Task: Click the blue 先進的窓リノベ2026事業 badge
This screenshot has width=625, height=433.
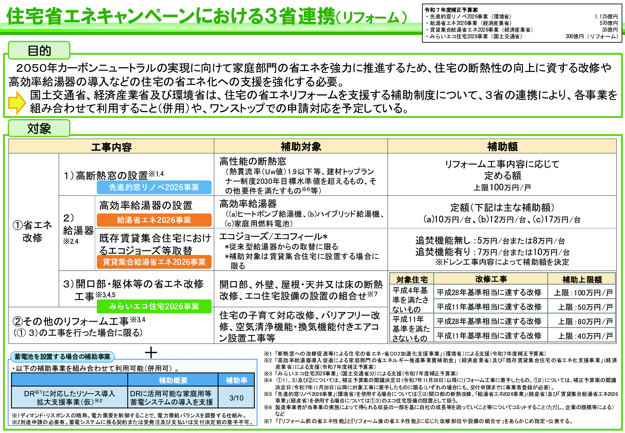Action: tap(154, 187)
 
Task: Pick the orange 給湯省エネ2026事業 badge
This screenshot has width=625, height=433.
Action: tap(154, 220)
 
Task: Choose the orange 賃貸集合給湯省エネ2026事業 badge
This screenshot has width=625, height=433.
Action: tap(154, 262)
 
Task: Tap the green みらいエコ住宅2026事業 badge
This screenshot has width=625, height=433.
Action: tap(154, 306)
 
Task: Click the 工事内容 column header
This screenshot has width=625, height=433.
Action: tap(111, 147)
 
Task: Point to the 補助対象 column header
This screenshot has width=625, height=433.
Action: tap(301, 147)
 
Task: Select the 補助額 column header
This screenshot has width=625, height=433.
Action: tap(502, 147)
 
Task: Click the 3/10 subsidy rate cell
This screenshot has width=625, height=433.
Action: tap(236, 398)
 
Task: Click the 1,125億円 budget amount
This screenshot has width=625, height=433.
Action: tap(606, 17)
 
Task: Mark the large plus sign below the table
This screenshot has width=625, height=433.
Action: tap(151, 353)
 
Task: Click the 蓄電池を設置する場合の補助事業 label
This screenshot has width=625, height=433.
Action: tap(62, 357)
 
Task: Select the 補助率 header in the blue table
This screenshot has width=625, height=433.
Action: tap(236, 380)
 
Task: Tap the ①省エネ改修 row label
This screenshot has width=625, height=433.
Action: tap(33, 231)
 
